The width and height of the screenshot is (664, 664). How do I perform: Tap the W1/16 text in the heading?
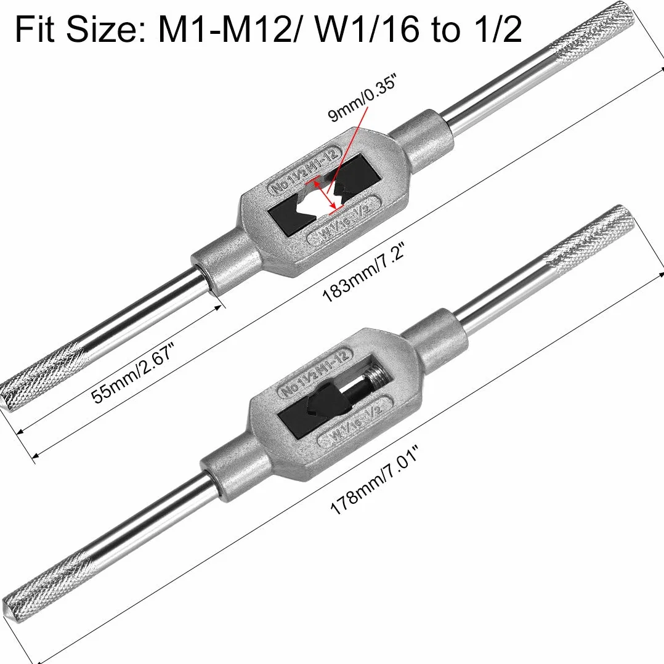pos(364,29)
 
